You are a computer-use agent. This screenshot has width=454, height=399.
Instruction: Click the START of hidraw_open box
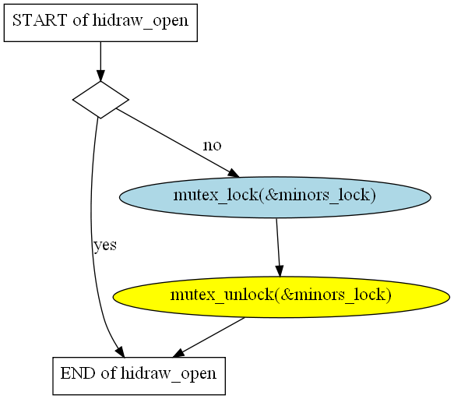pos(100,23)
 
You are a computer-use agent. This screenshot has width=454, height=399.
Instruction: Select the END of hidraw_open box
pos(139,376)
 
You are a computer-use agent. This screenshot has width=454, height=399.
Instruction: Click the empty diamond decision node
pos(100,100)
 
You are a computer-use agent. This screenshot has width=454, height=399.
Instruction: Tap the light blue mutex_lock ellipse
pos(275,197)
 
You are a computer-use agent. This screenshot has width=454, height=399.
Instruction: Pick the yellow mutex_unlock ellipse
pos(281,297)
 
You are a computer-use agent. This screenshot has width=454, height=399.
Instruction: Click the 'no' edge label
pos(212,145)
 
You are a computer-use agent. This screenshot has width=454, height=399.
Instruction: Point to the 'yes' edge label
pos(105,245)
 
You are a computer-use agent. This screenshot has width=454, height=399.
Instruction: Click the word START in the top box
pos(40,20)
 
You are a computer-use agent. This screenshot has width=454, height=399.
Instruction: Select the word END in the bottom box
pos(78,373)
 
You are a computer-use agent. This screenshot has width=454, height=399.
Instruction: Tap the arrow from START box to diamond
pos(100,62)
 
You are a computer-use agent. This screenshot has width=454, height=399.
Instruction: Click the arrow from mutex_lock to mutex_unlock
pos(278,248)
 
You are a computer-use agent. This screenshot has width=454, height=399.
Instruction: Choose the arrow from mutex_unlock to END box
pos(209,337)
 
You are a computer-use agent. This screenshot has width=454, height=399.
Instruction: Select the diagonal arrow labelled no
pos(178,143)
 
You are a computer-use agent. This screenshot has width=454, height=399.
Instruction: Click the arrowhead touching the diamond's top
pos(100,76)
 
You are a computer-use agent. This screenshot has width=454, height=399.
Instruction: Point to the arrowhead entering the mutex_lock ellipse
pos(234,173)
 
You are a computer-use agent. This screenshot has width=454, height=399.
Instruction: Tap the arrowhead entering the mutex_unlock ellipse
pos(280,271)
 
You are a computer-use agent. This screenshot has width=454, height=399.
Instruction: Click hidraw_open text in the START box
pos(141,22)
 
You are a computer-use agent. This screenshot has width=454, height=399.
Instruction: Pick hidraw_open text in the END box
pos(168,374)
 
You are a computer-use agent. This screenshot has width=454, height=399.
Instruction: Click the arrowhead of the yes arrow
pos(121,352)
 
